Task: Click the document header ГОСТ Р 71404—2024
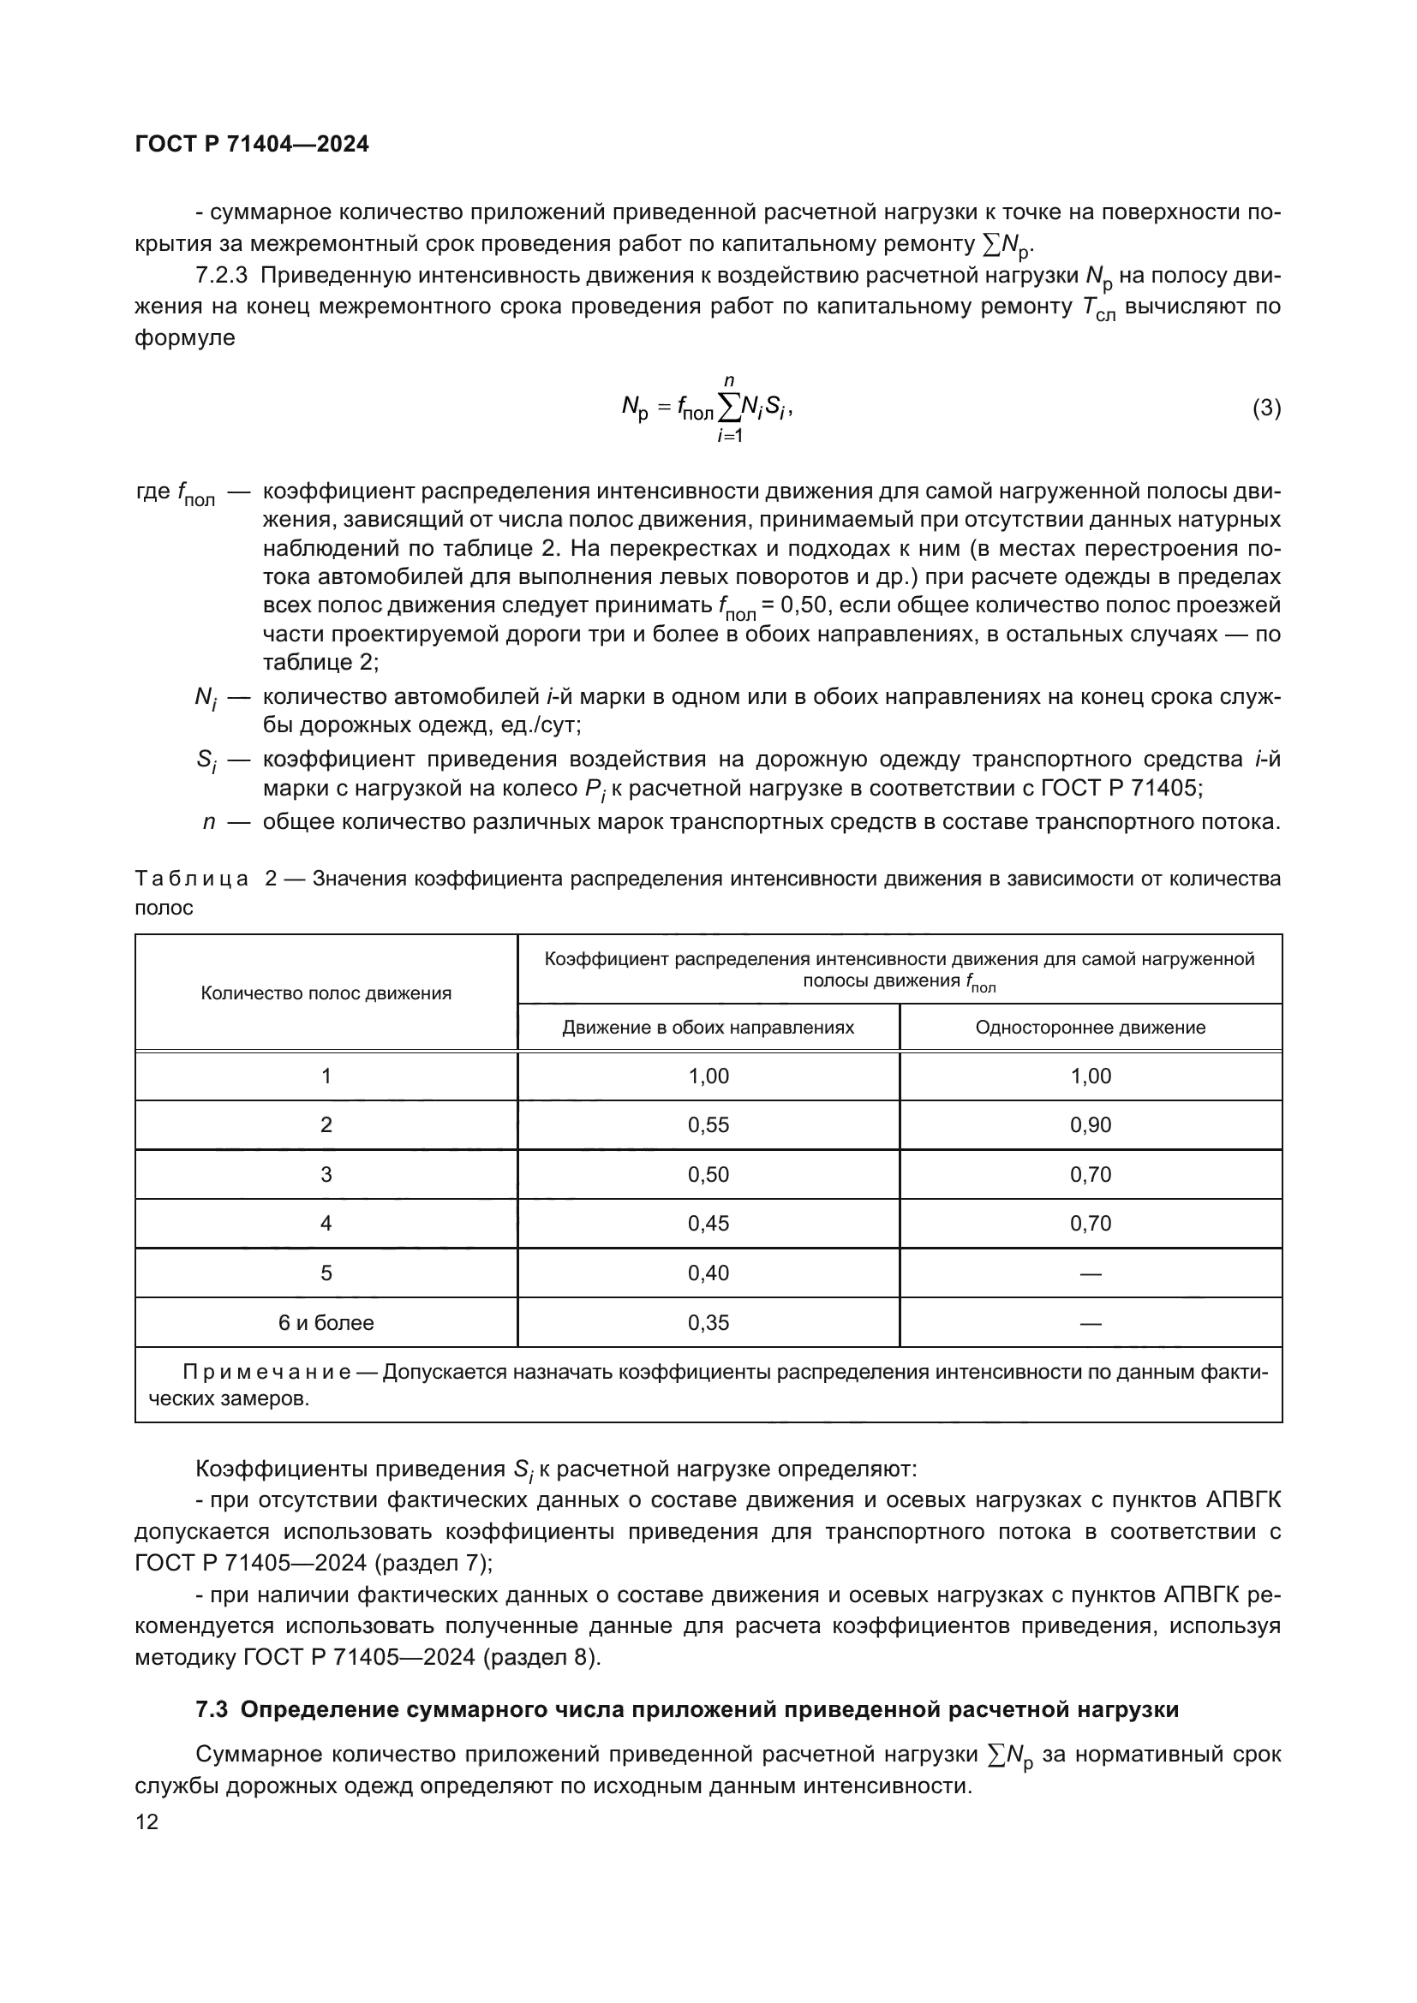(x=252, y=144)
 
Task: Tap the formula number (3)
(x=1266, y=408)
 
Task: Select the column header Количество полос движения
(x=326, y=993)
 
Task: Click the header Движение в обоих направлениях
(x=708, y=1028)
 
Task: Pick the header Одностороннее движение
(x=1090, y=1028)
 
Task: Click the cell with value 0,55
(x=708, y=1125)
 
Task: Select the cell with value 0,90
(x=1090, y=1125)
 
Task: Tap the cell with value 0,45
(x=708, y=1223)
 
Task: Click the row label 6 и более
(x=326, y=1322)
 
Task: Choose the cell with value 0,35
(x=708, y=1322)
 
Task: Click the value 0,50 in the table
(x=708, y=1174)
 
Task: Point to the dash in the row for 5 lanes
(x=1090, y=1273)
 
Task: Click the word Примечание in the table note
(x=266, y=1372)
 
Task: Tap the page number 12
(x=146, y=1822)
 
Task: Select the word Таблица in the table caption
(x=191, y=879)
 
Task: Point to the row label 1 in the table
(x=326, y=1076)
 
